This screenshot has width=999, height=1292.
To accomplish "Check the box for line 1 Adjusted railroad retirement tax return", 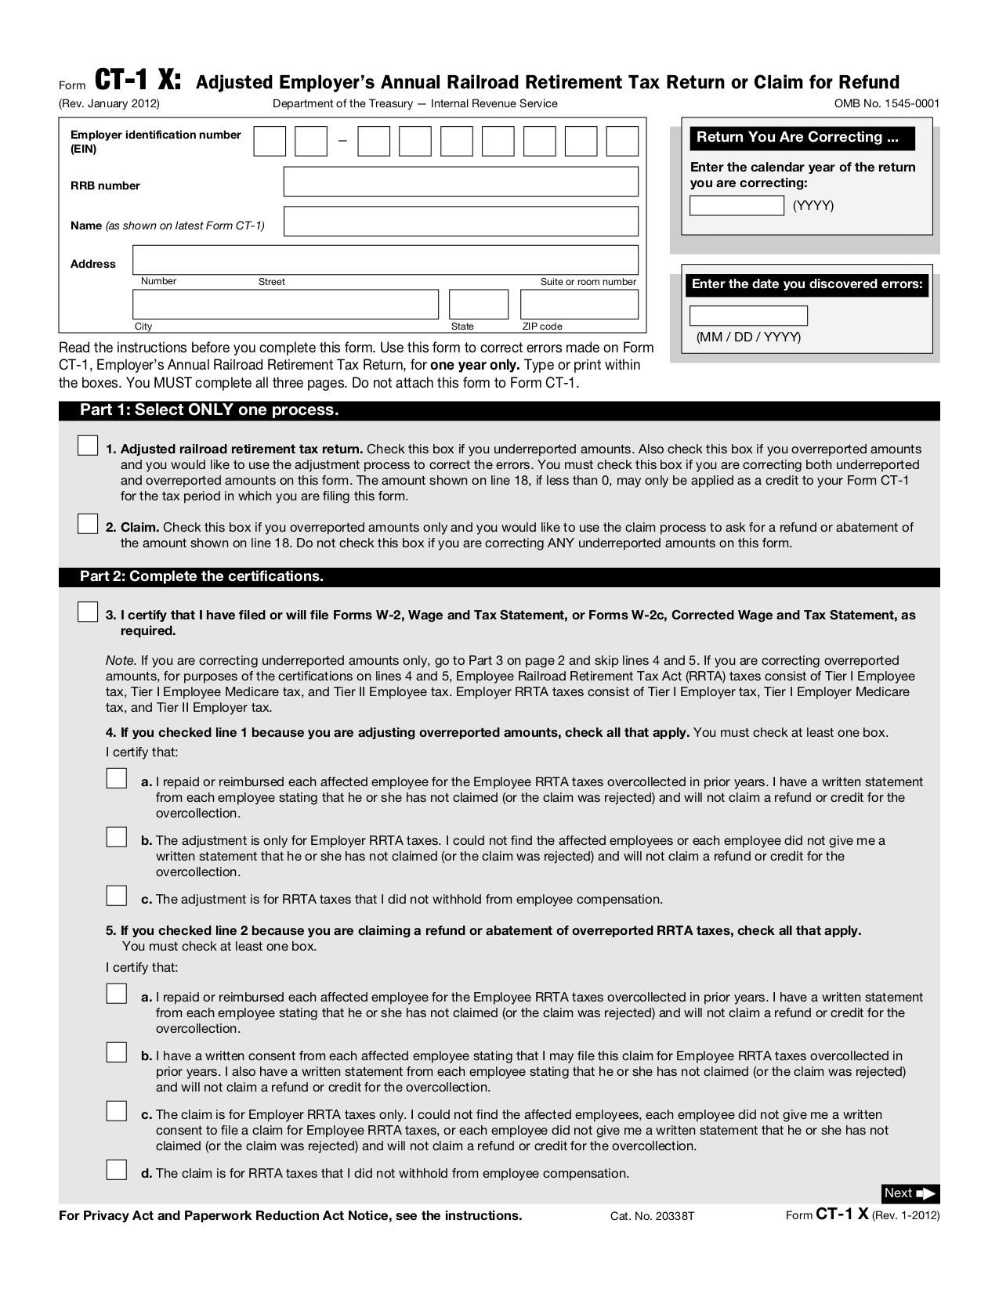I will click(88, 446).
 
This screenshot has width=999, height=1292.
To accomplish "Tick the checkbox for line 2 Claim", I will click(88, 524).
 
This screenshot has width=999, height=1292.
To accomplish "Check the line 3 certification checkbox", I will click(88, 612).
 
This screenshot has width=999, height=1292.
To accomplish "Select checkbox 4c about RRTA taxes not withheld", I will click(117, 896).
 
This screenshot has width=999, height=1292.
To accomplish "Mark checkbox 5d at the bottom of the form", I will click(117, 1170).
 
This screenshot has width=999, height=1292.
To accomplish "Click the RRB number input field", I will click(461, 182).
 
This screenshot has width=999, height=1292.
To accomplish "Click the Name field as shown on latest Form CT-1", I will click(461, 222).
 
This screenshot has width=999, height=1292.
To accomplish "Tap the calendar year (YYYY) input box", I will click(737, 205).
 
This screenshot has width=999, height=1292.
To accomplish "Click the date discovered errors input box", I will click(748, 316).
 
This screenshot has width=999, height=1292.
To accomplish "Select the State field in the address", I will click(478, 305).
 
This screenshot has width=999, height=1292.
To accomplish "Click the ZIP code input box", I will click(579, 305).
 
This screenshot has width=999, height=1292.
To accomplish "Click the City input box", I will click(285, 305).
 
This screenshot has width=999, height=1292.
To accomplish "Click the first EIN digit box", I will click(270, 142).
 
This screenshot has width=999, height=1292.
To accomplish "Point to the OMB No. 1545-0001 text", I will click(886, 103).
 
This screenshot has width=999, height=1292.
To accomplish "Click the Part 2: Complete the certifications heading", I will click(201, 576).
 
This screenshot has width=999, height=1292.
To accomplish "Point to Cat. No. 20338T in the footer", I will click(652, 1216).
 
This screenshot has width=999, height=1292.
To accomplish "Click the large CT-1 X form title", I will click(138, 80).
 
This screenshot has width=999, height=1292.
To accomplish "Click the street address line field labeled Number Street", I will click(385, 260).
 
